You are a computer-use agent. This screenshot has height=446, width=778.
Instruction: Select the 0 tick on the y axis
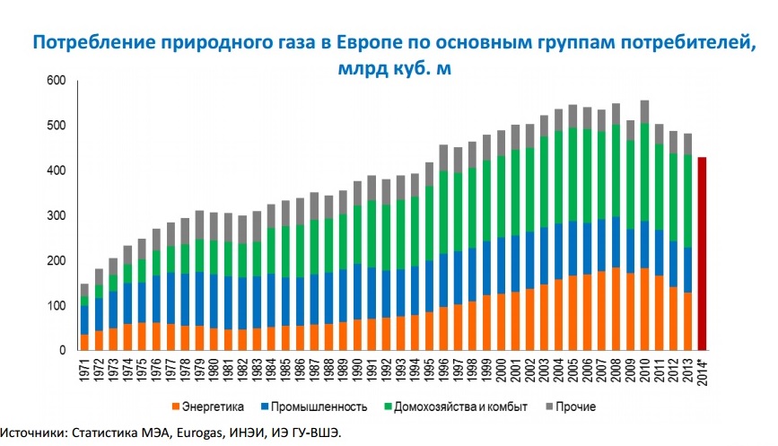[63, 351]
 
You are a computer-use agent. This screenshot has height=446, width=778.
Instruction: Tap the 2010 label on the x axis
[645, 369]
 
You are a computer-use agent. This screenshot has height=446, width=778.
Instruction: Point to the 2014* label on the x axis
[703, 371]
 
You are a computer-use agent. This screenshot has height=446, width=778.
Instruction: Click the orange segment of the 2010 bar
[644, 310]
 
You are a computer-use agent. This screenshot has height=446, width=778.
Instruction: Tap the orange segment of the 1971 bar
[85, 343]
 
